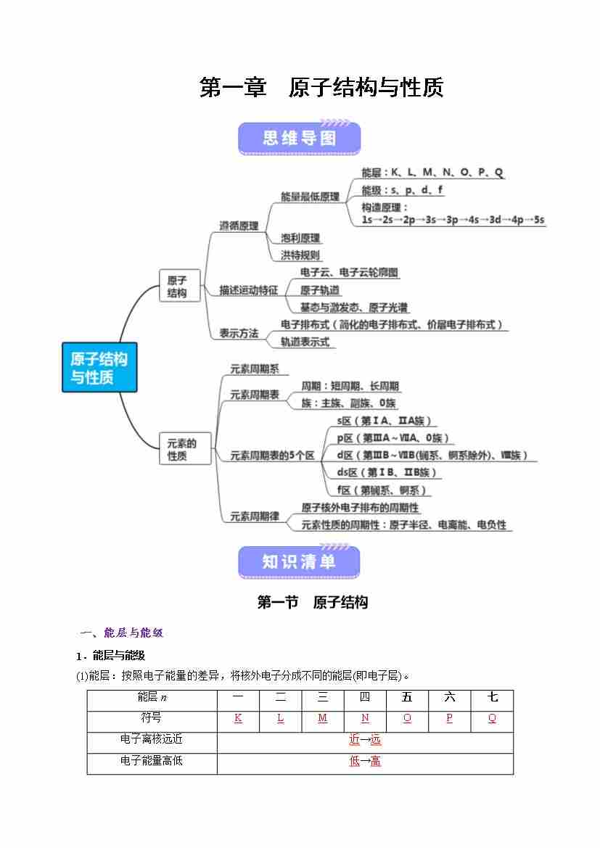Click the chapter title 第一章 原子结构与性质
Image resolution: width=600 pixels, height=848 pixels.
coord(321,88)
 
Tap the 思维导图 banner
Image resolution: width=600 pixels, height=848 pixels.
coord(299,138)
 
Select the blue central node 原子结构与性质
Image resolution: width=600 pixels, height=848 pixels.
coord(99,368)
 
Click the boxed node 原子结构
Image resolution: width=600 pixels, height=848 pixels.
coord(178,287)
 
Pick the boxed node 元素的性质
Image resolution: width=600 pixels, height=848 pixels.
coord(182,449)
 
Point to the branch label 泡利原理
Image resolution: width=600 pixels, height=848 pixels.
coord(300,238)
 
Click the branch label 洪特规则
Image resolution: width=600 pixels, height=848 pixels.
coord(300,255)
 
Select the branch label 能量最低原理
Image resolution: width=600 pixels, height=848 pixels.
coord(310,197)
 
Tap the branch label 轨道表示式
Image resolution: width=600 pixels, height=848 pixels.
coord(305,342)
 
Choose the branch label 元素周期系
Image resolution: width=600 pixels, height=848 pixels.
coord(255,369)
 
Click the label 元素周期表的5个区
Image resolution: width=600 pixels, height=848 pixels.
coord(272,456)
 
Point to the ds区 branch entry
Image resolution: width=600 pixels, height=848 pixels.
coord(387,472)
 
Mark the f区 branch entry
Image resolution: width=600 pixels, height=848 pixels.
coord(383,490)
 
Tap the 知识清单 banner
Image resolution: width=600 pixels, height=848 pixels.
coord(299,561)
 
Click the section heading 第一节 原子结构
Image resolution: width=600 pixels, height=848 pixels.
coord(313,602)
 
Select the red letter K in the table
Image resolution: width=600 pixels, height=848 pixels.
coord(238,718)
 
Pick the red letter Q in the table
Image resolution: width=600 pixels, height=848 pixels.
coord(492,718)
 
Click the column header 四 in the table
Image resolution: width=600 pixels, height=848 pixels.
coord(365,698)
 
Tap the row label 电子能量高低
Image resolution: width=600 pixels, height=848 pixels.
coord(152,761)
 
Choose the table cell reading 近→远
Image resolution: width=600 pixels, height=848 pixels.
coord(365,740)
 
